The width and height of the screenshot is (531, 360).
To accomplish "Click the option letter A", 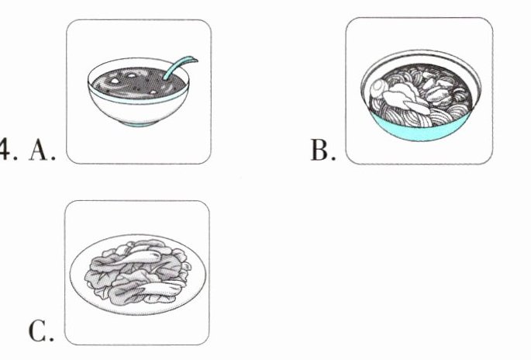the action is pyautogui.click(x=38, y=151).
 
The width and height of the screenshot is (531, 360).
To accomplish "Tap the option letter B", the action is pyautogui.click(x=319, y=150).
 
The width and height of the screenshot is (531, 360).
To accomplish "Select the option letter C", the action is pyautogui.click(x=37, y=331).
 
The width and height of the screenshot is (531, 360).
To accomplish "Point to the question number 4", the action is pyautogui.click(x=4, y=149).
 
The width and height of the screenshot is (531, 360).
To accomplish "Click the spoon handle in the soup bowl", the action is pyautogui.click(x=179, y=67).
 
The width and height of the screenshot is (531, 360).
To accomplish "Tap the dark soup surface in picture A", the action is pyautogui.click(x=138, y=84).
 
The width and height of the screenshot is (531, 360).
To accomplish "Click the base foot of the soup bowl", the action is pyautogui.click(x=140, y=123).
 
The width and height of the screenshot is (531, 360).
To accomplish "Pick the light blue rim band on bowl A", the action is pyautogui.click(x=138, y=99).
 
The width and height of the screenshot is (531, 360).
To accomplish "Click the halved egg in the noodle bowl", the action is pyautogui.click(x=377, y=88).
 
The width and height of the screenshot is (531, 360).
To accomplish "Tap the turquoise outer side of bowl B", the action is pyautogui.click(x=420, y=130).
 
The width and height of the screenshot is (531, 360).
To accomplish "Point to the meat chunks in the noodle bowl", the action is pyautogui.click(x=440, y=90).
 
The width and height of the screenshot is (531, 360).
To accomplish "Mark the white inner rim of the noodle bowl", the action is pyautogui.click(x=421, y=57).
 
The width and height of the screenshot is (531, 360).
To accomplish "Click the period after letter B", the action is pyautogui.click(x=333, y=158).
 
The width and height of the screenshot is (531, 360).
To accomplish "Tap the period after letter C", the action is pyautogui.click(x=51, y=338).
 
